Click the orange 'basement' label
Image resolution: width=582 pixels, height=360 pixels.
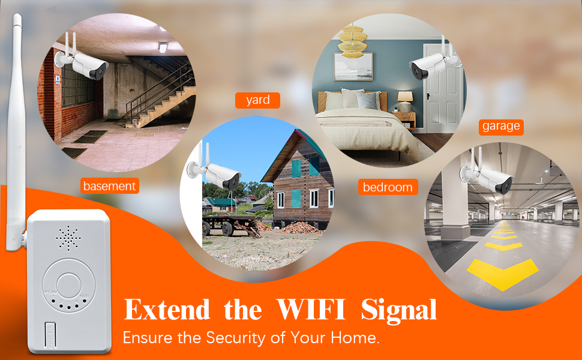pyautogui.click(x=109, y=186)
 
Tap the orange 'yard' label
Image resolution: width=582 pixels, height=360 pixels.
pyautogui.click(x=257, y=100)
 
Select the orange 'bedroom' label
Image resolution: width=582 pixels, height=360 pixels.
pyautogui.click(x=388, y=187)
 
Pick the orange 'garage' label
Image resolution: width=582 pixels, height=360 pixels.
pyautogui.click(x=501, y=127)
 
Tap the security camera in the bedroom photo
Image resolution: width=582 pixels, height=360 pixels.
pyautogui.click(x=431, y=68)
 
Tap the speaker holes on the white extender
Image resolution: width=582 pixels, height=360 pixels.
pyautogui.click(x=68, y=239)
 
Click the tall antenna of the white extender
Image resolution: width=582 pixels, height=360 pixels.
pyautogui.click(x=15, y=132)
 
